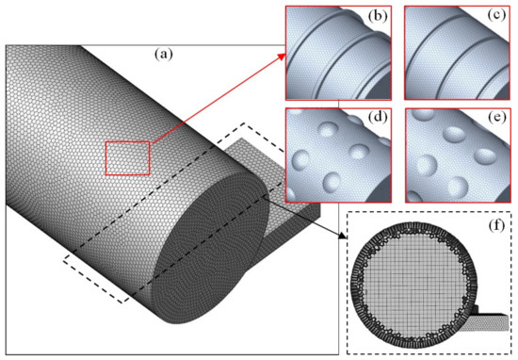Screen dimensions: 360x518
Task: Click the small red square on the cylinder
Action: pyautogui.click(x=127, y=155)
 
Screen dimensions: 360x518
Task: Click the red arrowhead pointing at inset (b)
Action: pyautogui.click(x=283, y=56)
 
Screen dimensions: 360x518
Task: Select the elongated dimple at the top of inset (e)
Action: pyautogui.click(x=459, y=123)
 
